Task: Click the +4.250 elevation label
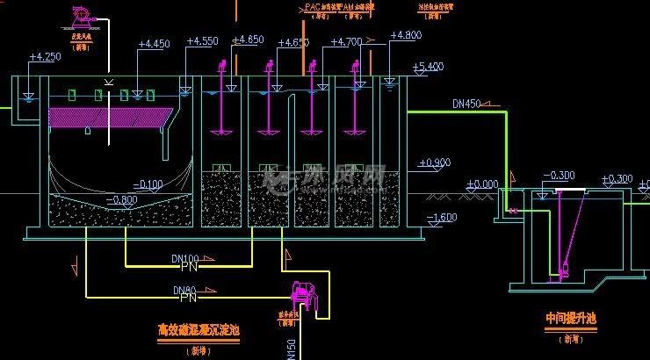point(45,57)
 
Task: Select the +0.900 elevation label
point(435,162)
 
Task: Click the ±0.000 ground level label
point(481,184)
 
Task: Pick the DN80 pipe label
point(184,290)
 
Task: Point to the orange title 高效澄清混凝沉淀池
point(199,331)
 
